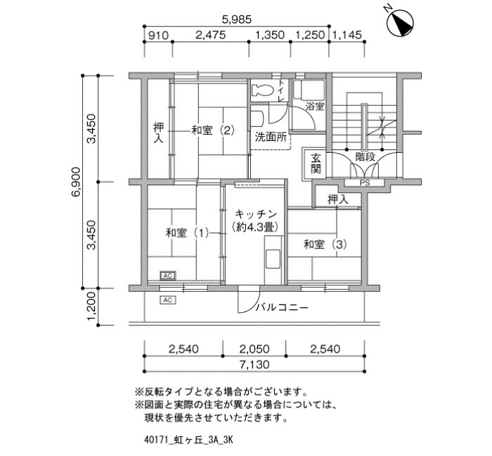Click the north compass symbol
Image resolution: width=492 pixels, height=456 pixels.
click(400, 22)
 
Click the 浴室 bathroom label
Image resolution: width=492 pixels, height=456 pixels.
click(315, 107)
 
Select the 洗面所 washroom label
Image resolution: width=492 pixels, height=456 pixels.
click(271, 137)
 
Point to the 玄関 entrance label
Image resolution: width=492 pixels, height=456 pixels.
click(316, 163)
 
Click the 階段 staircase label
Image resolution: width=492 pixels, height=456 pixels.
click(365, 156)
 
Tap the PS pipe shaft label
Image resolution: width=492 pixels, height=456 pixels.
click(365, 182)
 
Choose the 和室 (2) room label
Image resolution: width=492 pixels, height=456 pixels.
click(213, 130)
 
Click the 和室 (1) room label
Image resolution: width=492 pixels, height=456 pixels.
click(188, 233)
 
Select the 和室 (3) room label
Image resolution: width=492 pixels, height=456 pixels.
click(325, 244)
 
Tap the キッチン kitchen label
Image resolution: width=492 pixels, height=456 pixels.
click(256, 214)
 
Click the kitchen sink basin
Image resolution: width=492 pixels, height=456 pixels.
click(273, 259)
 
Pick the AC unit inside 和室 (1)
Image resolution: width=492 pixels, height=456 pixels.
click(168, 276)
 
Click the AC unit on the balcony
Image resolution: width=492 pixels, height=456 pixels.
click(168, 300)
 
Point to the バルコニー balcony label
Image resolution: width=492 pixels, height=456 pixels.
click(282, 307)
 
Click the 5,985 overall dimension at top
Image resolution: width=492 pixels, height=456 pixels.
click(237, 20)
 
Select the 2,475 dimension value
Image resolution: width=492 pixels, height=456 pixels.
click(211, 35)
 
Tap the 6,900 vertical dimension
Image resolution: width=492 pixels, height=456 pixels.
click(76, 182)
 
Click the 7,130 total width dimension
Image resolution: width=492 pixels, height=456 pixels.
click(254, 365)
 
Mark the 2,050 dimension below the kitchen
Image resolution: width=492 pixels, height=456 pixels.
click(254, 349)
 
